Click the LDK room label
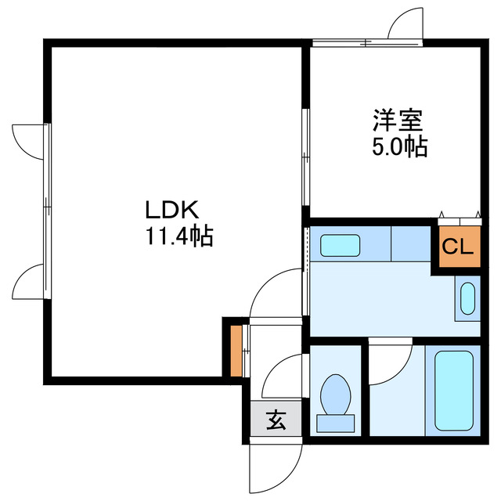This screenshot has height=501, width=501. pyautogui.click(x=173, y=210)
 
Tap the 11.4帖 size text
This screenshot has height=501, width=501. pyautogui.click(x=177, y=235)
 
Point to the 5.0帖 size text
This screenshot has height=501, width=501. pyautogui.click(x=398, y=146)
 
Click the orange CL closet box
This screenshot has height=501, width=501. pyautogui.click(x=458, y=248)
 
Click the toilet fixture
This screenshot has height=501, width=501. pyautogui.click(x=336, y=395)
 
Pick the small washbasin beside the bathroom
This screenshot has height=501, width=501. pyautogui.click(x=468, y=298)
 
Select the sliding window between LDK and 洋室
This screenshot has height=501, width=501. pyautogui.click(x=306, y=157)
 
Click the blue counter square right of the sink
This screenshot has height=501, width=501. pyautogui.click(x=412, y=243)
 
